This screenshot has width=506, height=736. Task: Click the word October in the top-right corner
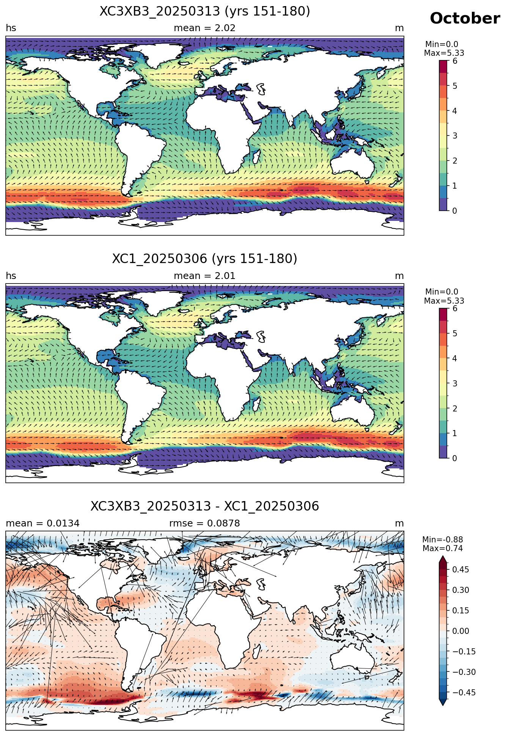click(x=465, y=19)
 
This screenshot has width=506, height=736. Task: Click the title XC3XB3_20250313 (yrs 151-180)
click(x=205, y=11)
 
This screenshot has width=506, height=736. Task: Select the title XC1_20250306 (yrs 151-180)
click(x=205, y=259)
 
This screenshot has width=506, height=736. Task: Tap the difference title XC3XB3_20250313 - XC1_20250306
click(x=205, y=506)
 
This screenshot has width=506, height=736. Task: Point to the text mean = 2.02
click(x=204, y=28)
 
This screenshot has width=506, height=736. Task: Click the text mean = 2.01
click(x=204, y=276)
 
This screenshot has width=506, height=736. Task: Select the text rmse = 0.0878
click(x=204, y=523)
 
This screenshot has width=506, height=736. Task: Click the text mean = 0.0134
click(x=42, y=523)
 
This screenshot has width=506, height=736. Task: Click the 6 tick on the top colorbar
click(x=455, y=61)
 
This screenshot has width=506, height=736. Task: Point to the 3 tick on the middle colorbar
click(x=455, y=383)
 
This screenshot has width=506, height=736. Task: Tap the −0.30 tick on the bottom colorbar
click(x=458, y=672)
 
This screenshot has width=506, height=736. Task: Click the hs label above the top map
click(x=11, y=28)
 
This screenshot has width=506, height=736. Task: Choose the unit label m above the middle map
click(x=399, y=276)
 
